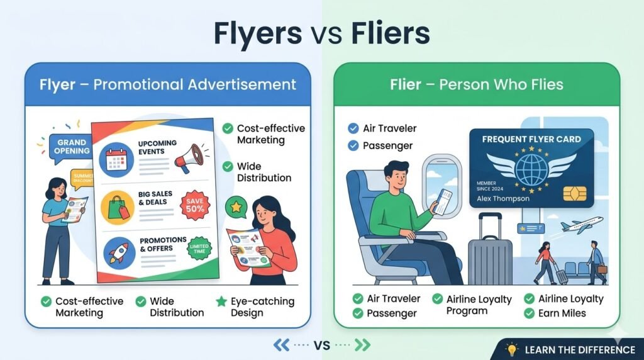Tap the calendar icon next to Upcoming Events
pos(118,158)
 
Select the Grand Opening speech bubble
pos(71,147)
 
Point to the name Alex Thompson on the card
pos(503,198)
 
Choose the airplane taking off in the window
pos(579,225)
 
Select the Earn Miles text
pos(562,313)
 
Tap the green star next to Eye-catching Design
pos(221,301)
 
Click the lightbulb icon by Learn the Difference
pos(512,349)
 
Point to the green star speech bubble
pos(236,207)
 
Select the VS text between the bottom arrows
pos(322,345)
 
